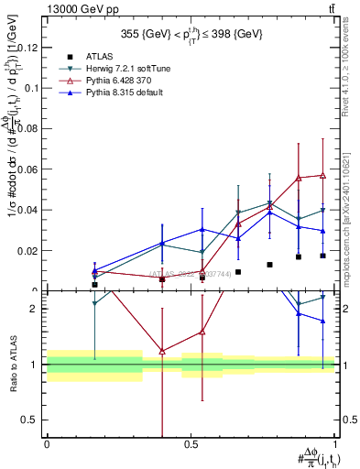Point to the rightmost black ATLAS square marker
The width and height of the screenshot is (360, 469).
point(322,256)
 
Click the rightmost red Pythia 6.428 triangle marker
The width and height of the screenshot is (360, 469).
point(322,175)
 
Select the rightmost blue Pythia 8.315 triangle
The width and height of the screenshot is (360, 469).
point(322,231)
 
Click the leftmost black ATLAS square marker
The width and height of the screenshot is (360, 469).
point(94,285)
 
